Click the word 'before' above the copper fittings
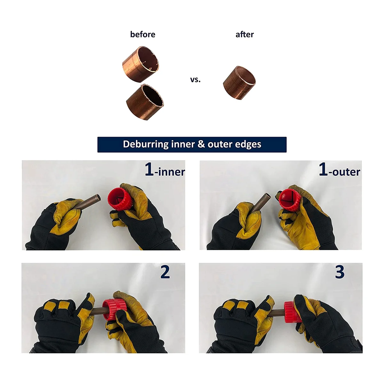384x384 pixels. [x=142, y=34]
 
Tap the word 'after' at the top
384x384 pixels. [x=244, y=35]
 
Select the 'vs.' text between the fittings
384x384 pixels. [x=195, y=80]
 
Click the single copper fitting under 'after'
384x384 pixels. [x=239, y=83]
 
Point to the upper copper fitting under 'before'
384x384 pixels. [x=140, y=64]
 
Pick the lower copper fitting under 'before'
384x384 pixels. [x=145, y=102]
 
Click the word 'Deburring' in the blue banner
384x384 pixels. [x=146, y=144]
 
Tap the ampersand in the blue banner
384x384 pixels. [x=201, y=144]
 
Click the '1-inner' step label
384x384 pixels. [x=164, y=170]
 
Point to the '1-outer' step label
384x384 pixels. [x=340, y=170]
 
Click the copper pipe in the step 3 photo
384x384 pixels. [x=276, y=313]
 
